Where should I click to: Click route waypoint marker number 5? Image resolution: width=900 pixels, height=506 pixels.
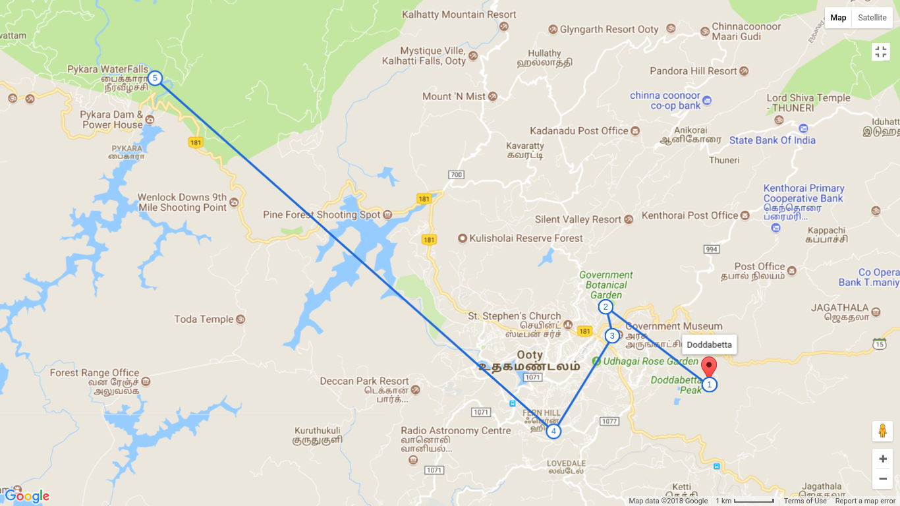[x=155, y=78]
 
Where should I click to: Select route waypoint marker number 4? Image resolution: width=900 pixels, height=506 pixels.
[x=553, y=432]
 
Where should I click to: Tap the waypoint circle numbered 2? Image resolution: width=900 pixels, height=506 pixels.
[x=605, y=307]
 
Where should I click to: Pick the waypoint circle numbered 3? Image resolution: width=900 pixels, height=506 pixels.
[x=612, y=336]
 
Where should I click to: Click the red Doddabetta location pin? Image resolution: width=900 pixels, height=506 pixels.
[x=709, y=366]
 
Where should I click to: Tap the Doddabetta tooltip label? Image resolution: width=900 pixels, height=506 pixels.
[x=709, y=345]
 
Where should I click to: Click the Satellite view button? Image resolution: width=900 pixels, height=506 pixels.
[x=872, y=18]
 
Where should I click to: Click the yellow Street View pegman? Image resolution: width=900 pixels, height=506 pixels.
[x=882, y=431]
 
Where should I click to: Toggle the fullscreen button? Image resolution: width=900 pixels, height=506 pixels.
[x=881, y=52]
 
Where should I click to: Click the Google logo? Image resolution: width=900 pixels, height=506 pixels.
[x=27, y=496]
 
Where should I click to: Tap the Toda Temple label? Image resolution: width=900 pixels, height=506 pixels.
[x=204, y=320]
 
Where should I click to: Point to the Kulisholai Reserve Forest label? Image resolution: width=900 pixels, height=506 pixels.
[x=526, y=238]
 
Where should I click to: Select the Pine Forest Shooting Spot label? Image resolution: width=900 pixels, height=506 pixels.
[x=322, y=215]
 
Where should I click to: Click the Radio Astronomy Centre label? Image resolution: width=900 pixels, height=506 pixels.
[x=456, y=431]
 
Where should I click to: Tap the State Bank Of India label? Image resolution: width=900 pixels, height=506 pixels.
[x=772, y=140]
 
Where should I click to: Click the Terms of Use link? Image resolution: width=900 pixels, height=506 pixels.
[x=805, y=501]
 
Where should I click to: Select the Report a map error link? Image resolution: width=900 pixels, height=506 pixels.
[x=865, y=501]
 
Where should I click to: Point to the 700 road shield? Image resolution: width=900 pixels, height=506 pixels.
[x=456, y=175]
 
